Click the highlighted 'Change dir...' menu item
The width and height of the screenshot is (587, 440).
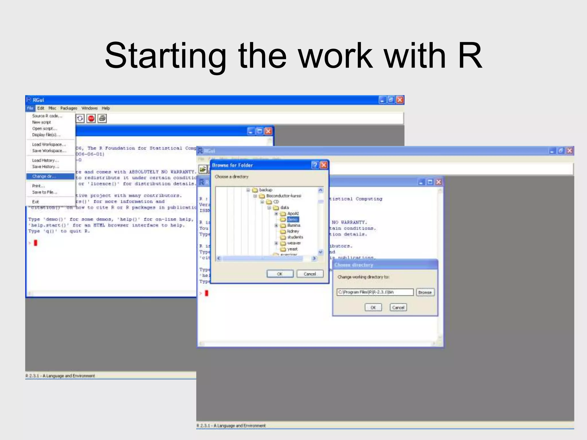pos(50,176)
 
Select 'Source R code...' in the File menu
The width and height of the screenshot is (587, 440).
pos(47,116)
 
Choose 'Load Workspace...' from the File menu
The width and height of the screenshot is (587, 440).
pos(49,145)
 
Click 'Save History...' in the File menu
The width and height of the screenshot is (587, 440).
pos(46,167)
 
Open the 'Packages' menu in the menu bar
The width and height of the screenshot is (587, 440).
pos(69,108)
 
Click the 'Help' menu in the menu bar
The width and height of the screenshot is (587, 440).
pos(106,108)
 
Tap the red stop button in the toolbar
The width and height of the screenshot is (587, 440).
pos(91,119)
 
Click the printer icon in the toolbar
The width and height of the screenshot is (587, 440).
pos(102,119)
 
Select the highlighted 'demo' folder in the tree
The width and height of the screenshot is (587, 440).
pos(293,219)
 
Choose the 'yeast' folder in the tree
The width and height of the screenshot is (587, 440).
pos(292,249)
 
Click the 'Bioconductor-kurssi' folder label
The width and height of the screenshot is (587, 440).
pos(284,196)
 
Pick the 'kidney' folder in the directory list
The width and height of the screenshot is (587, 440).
pos(293,231)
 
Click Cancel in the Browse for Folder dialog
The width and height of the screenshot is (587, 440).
pos(310,274)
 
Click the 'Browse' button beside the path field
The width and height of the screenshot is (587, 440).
pos(425,292)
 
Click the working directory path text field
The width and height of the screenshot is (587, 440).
pos(375,292)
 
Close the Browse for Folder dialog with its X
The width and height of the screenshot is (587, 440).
pos(324,165)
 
